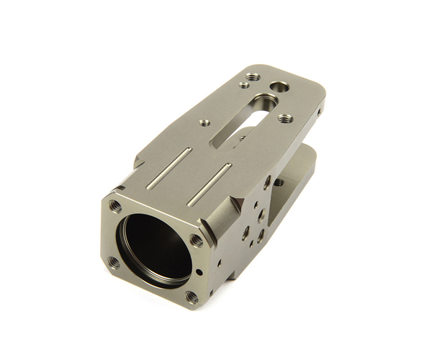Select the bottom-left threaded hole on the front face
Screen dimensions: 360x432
[x=113, y=262]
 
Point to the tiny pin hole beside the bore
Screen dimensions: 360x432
[x=199, y=272]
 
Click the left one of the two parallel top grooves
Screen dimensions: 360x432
[x=170, y=168]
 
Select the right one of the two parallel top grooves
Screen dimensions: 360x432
[x=210, y=184]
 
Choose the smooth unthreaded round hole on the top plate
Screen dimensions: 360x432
[x=279, y=86]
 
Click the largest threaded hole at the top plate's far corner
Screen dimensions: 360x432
[x=252, y=76]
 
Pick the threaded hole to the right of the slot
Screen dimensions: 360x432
[x=285, y=118]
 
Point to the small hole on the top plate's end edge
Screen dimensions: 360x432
[x=320, y=111]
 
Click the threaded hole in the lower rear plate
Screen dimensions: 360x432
[x=279, y=183]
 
